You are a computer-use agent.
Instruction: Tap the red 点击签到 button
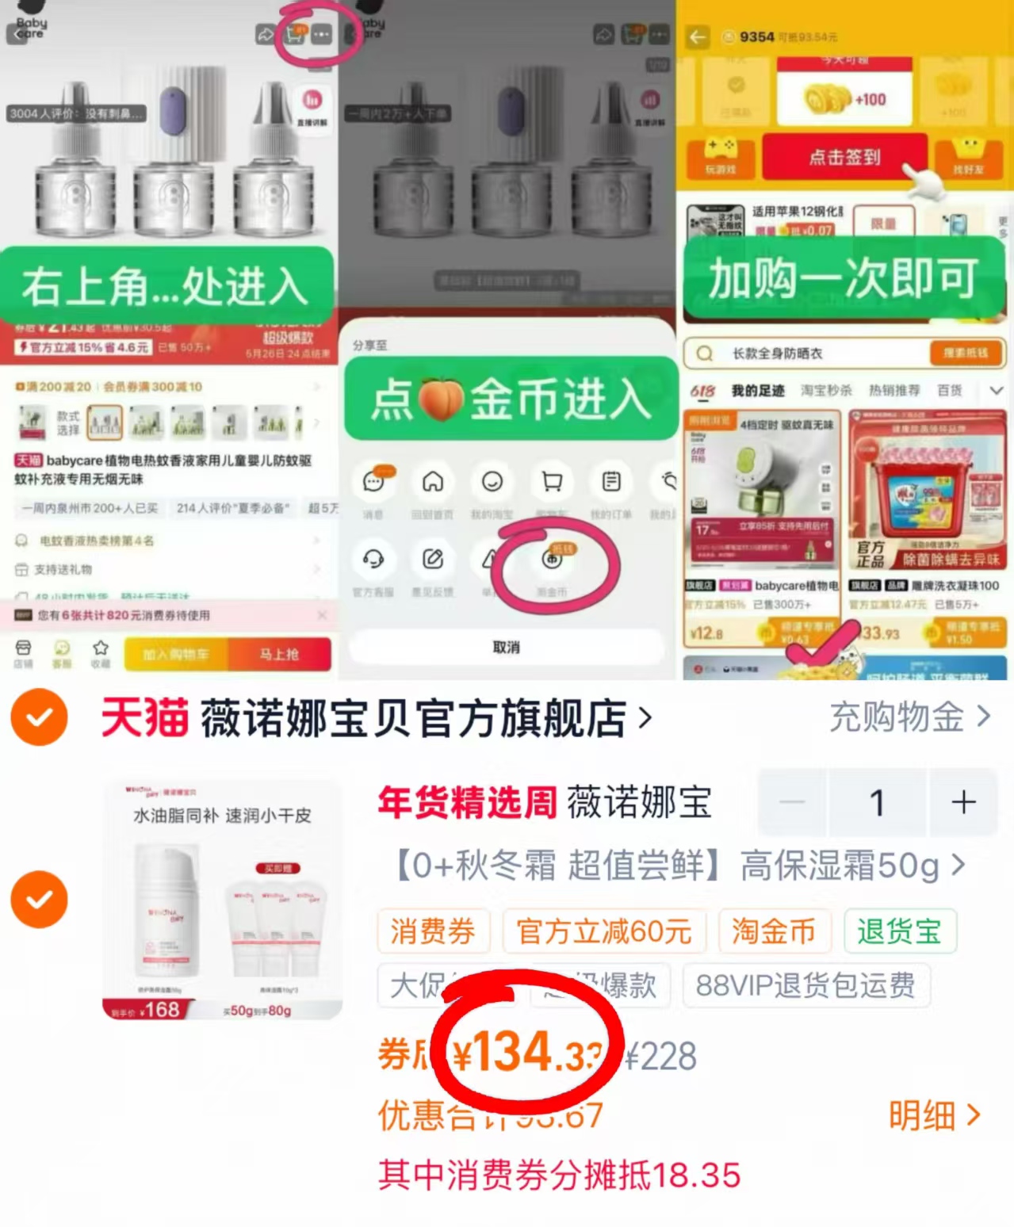point(844,157)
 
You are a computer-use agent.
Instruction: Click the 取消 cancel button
point(506,648)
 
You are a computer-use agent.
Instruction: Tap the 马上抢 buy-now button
point(279,655)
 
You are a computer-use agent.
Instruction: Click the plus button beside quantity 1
point(963,802)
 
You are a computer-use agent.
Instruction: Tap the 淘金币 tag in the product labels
point(774,931)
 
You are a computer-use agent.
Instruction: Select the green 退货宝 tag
point(899,931)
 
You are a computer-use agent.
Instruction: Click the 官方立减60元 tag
point(604,931)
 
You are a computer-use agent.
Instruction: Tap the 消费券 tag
point(433,931)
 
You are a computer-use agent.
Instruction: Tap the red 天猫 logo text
point(144,718)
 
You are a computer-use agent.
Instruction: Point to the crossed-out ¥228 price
point(661,1057)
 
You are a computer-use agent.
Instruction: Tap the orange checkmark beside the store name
point(39,717)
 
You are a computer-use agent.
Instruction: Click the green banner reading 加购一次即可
point(844,279)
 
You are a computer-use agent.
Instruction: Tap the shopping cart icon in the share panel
point(552,481)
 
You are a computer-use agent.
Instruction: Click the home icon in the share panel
point(433,481)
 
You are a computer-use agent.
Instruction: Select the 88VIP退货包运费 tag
point(805,985)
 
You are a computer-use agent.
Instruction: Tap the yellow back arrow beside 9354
point(698,37)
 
